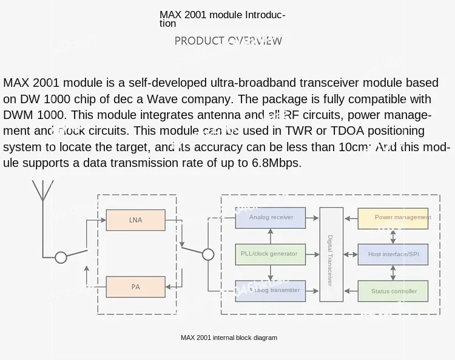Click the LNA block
pyautogui.click(x=135, y=220)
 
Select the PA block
pyautogui.click(x=135, y=287)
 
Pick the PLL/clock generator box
pyautogui.click(x=270, y=254)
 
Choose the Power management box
pyautogui.click(x=394, y=217)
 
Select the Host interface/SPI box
pyautogui.click(x=394, y=254)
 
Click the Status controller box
pyautogui.click(x=394, y=291)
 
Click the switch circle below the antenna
pyautogui.click(x=61, y=257)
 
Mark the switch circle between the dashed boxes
pyautogui.click(x=207, y=254)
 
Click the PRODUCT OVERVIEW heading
pyautogui.click(x=228, y=41)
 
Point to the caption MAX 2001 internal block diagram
pyautogui.click(x=229, y=338)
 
